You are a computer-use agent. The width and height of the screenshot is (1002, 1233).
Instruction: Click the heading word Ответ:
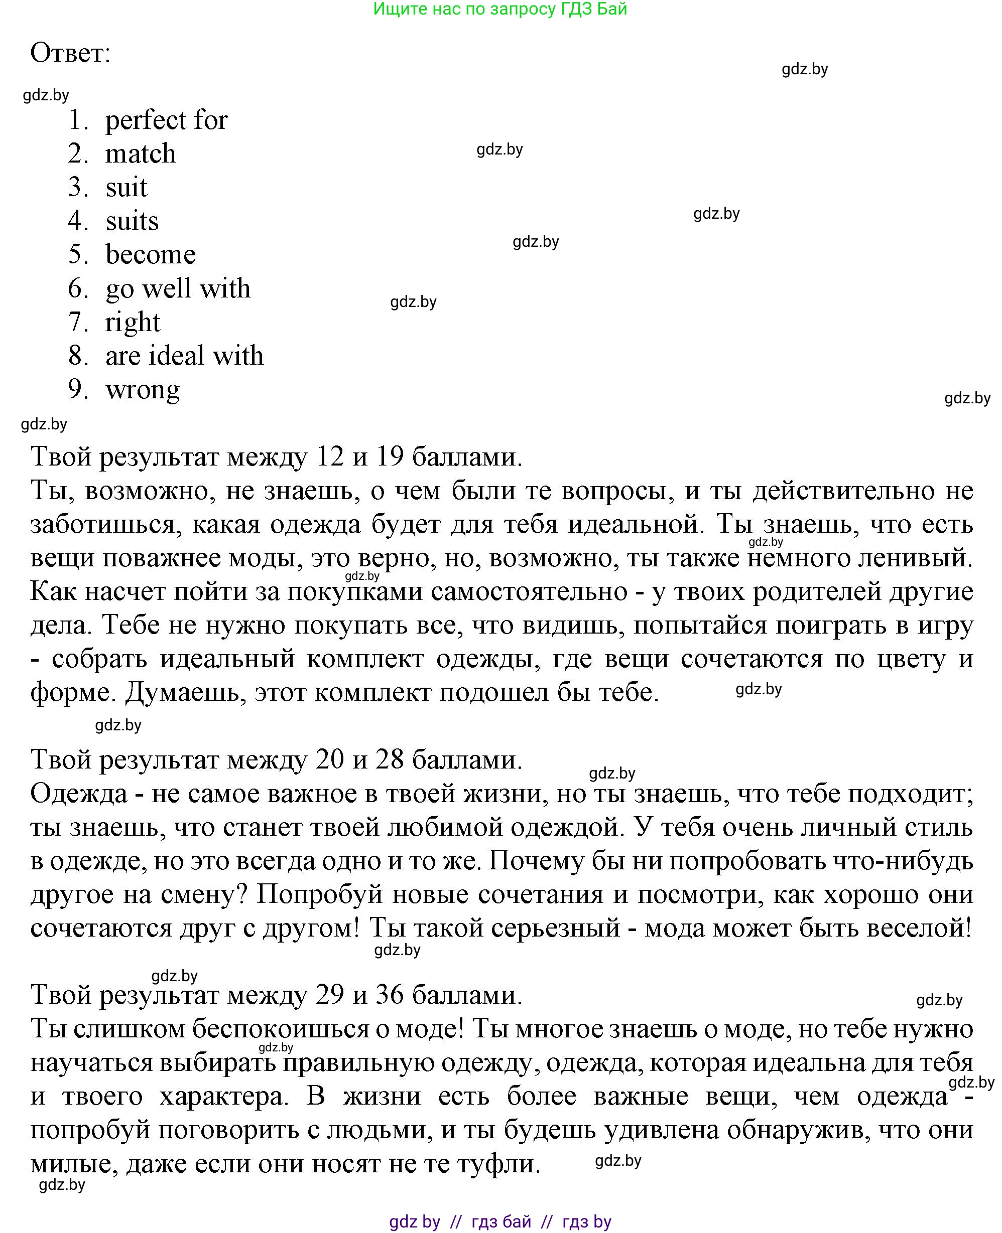(70, 54)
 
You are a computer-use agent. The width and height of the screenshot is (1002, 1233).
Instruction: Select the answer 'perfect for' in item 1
(166, 120)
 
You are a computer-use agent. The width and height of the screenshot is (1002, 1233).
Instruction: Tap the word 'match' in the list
(140, 154)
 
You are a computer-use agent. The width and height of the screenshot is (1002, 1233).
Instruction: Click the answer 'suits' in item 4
(132, 221)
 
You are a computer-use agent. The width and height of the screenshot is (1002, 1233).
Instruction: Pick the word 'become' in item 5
(151, 255)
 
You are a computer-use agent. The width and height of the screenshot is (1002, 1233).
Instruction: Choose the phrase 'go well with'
(178, 288)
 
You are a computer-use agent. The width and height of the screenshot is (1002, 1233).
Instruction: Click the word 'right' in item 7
(132, 323)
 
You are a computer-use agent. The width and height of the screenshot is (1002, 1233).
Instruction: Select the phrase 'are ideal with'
(184, 356)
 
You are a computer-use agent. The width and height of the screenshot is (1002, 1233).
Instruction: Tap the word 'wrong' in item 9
(143, 390)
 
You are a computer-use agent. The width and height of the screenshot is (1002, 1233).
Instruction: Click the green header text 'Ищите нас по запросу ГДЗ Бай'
(500, 9)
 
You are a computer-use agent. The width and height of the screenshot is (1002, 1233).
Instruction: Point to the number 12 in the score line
(330, 457)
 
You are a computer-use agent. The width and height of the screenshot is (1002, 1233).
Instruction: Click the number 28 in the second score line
(389, 759)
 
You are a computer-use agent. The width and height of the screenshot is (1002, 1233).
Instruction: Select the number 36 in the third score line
(389, 994)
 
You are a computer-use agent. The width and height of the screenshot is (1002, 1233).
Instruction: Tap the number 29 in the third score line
(330, 994)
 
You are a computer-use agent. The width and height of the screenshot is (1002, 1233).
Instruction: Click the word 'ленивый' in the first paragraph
(914, 558)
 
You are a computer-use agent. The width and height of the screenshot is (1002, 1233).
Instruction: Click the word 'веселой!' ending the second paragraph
(920, 928)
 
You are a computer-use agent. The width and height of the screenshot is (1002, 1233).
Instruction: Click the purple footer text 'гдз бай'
(501, 1221)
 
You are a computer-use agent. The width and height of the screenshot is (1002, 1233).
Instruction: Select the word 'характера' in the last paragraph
(224, 1096)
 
